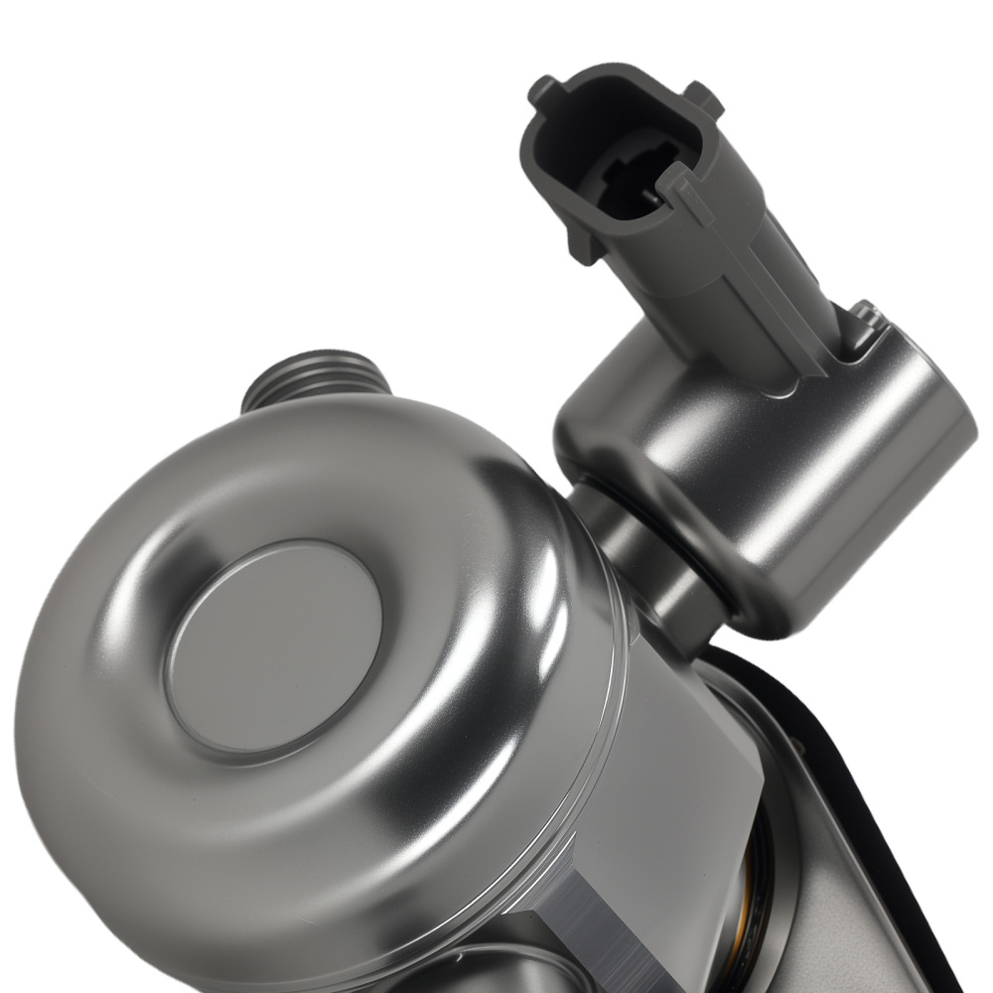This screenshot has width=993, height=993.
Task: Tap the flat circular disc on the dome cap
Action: click(x=273, y=645)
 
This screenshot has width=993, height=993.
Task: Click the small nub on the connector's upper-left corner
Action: click(x=545, y=87)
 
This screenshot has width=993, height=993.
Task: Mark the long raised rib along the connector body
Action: click(x=784, y=298)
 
